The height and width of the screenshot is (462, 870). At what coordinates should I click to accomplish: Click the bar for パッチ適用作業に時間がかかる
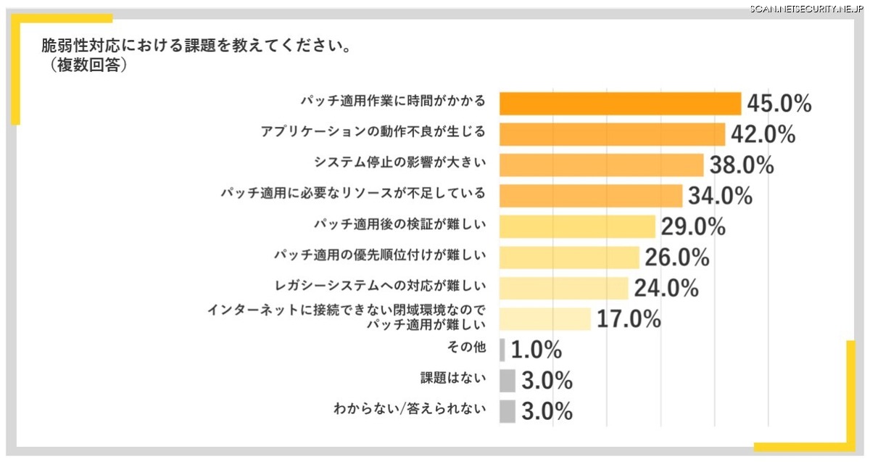point(621,104)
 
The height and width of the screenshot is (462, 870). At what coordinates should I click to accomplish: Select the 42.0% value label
point(763,134)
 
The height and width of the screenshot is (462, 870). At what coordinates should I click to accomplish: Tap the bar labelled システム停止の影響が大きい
point(602,165)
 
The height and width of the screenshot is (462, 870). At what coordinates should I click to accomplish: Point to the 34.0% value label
point(721,196)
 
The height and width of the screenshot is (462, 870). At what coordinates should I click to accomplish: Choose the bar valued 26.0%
point(570,257)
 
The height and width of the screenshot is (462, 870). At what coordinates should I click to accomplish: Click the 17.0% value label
point(629,318)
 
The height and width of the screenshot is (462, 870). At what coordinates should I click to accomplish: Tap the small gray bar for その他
point(502,350)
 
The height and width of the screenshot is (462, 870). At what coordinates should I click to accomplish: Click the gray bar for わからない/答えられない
point(507,411)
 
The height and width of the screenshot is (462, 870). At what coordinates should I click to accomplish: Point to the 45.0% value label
point(779,104)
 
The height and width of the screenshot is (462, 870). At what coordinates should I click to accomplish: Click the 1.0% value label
point(536,350)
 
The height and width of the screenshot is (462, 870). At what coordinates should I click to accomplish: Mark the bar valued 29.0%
point(578,226)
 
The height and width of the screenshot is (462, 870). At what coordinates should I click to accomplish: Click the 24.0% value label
point(666,288)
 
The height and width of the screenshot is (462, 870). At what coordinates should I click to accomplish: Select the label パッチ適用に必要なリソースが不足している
point(352,194)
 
